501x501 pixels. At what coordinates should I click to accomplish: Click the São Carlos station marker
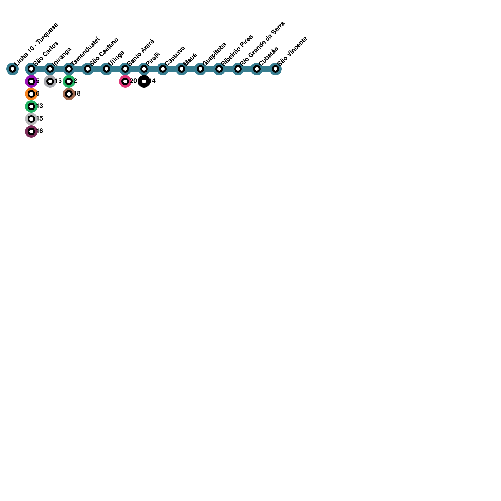pos(31,69)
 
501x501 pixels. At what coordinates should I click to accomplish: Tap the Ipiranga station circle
pos(50,69)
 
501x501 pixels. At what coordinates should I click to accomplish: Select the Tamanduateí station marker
pos(69,69)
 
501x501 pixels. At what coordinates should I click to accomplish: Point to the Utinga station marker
pos(106,69)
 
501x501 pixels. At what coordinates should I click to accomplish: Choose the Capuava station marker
pos(163,69)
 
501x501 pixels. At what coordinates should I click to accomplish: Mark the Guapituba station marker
pos(200,69)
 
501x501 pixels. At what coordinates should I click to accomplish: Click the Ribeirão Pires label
pos(237,50)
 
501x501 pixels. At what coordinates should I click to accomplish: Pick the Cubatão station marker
pos(257,69)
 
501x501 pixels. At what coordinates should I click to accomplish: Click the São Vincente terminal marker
pos(276,69)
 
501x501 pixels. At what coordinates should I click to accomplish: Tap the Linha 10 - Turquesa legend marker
pos(13,69)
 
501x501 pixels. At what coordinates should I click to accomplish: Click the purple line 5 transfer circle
pos(31,81)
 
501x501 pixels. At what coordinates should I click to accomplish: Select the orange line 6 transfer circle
pos(31,94)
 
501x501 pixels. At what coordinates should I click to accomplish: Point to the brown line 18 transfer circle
pos(69,94)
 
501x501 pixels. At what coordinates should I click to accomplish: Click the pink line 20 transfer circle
pos(125,81)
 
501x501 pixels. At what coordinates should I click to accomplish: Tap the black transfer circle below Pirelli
pos(144,81)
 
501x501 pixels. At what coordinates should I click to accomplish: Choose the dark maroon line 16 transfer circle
pos(31,132)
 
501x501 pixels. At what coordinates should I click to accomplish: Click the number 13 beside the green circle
pos(39,106)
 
